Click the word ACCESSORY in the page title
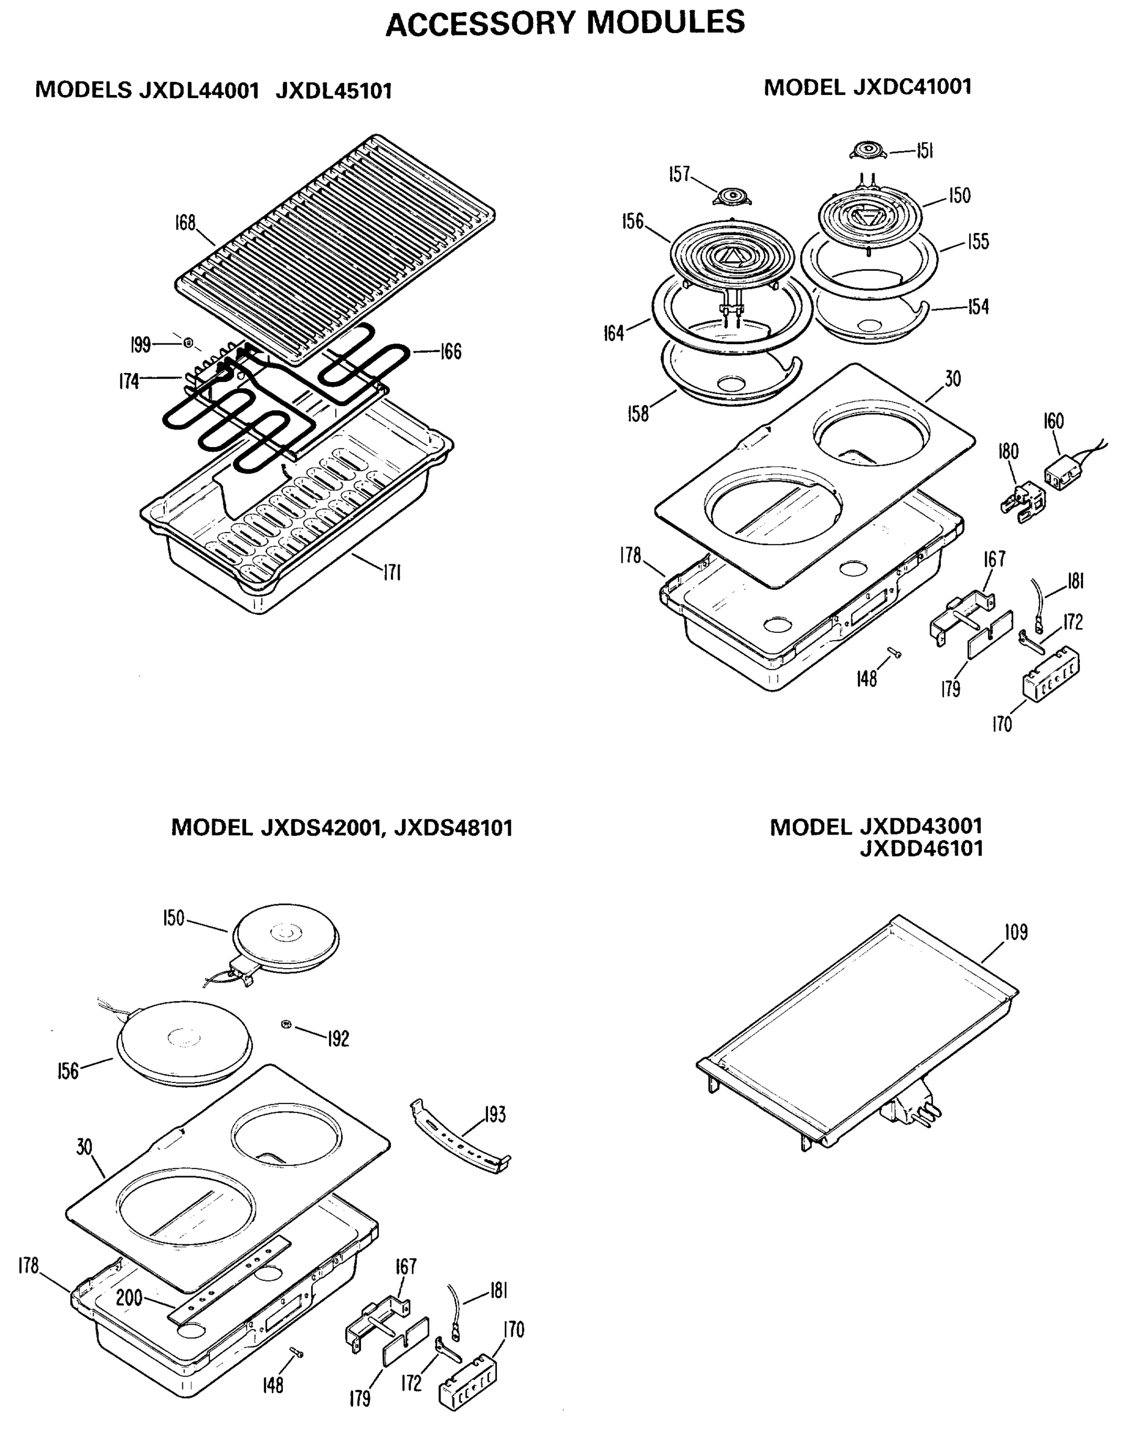click(481, 24)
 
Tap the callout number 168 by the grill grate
click(185, 223)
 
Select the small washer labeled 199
click(188, 343)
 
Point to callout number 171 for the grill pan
click(393, 573)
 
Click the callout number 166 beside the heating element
click(451, 351)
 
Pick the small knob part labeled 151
click(866, 150)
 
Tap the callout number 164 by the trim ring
click(614, 333)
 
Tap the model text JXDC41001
click(911, 87)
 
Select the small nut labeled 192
click(286, 1024)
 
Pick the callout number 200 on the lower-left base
click(129, 1298)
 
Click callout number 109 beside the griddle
click(1016, 932)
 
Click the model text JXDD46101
click(920, 848)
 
